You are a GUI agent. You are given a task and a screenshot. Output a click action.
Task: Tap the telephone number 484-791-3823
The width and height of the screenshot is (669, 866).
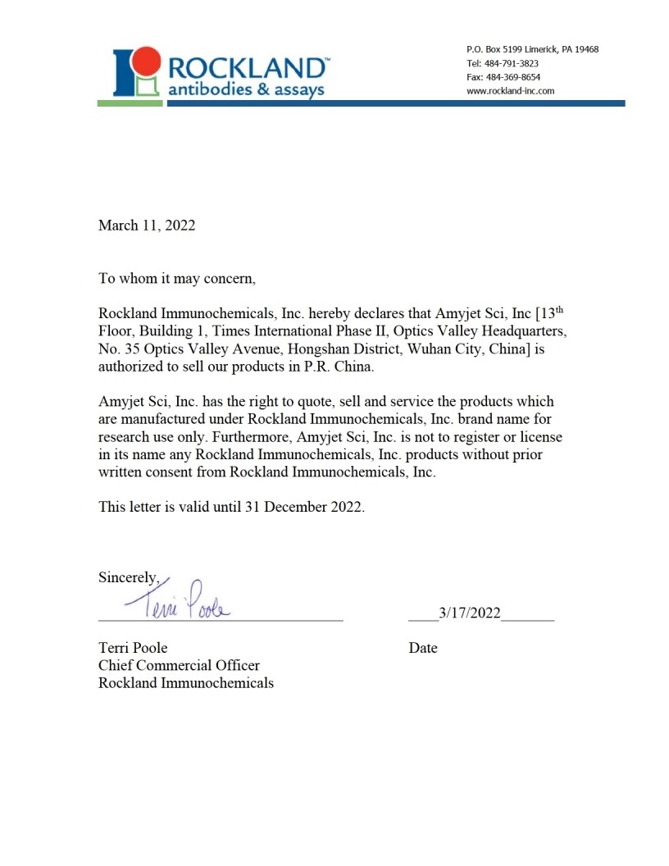[514, 63]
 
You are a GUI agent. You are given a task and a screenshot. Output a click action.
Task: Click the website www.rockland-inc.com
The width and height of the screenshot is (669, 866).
[510, 91]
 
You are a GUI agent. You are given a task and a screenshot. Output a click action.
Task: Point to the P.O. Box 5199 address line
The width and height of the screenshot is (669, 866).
[532, 49]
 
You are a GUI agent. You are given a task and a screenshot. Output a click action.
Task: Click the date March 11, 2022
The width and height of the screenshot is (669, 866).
[147, 226]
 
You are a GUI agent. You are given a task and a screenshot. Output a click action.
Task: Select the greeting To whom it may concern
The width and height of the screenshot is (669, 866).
[177, 278]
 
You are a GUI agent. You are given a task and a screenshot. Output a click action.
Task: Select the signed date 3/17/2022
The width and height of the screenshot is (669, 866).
[470, 613]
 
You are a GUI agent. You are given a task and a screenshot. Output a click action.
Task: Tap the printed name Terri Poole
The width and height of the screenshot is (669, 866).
[133, 648]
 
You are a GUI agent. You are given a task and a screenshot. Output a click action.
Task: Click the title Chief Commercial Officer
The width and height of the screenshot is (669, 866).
[179, 665]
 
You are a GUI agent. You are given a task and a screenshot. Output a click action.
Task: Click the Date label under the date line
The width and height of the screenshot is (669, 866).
[423, 648]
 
